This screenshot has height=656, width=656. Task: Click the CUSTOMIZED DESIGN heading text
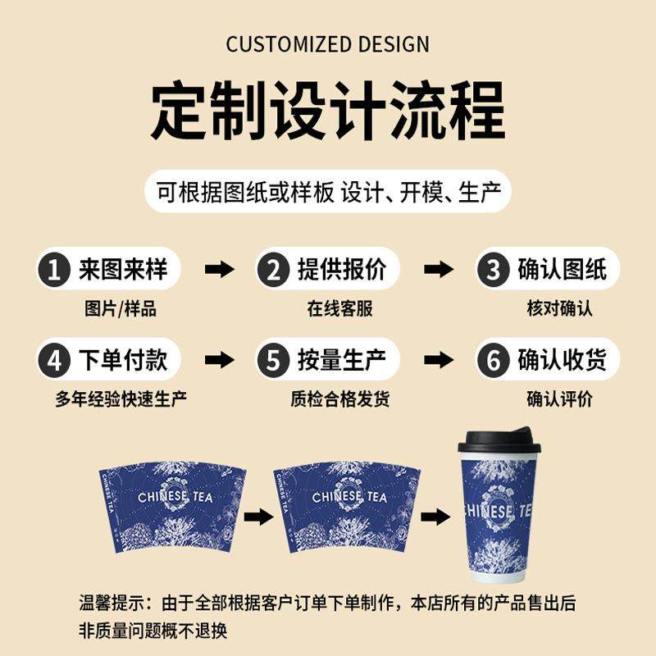pos(328,43)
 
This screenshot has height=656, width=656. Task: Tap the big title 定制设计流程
pos(328,111)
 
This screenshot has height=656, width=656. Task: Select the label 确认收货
pos(562,359)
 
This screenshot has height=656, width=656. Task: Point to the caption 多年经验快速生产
pos(121,399)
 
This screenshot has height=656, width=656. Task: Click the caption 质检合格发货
pos(339,399)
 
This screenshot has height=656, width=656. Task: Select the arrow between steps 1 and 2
pos(219,270)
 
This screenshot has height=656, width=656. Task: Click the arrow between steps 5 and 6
pos(438,360)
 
